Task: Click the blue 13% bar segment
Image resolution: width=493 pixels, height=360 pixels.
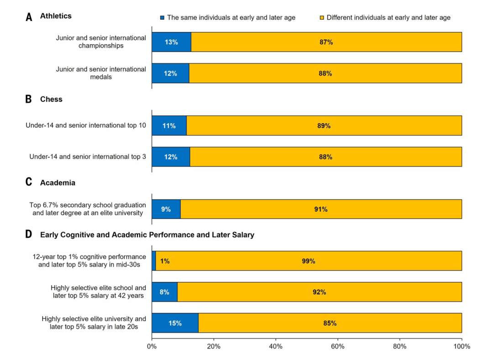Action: click(x=171, y=42)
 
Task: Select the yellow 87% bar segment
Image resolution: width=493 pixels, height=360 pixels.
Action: click(x=326, y=42)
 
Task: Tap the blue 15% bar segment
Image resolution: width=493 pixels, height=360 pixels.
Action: click(x=175, y=323)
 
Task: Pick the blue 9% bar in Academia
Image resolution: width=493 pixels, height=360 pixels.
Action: click(x=166, y=209)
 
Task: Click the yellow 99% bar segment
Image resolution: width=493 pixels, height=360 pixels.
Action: click(x=309, y=261)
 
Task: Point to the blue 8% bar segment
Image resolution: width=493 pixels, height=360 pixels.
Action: click(x=164, y=292)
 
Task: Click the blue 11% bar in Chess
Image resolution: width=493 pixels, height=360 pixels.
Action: click(x=169, y=126)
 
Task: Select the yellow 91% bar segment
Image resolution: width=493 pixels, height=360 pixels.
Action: click(x=321, y=209)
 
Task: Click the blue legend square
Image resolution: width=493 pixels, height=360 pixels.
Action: click(x=162, y=18)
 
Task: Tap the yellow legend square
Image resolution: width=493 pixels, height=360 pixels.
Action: click(x=322, y=18)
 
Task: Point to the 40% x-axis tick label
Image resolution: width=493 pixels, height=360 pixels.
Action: click(x=275, y=347)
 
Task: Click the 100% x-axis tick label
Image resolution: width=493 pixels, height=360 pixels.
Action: click(x=462, y=347)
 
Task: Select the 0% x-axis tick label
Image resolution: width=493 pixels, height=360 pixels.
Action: click(x=152, y=347)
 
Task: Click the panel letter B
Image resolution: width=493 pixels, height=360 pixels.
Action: click(x=29, y=99)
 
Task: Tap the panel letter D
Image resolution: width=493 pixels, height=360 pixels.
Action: click(x=29, y=235)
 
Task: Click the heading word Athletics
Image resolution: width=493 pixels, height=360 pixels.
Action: click(x=56, y=16)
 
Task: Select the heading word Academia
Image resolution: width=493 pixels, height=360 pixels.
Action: click(x=58, y=183)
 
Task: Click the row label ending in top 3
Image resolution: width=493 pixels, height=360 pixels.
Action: click(x=88, y=157)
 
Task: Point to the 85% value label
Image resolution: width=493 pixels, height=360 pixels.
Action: click(x=330, y=323)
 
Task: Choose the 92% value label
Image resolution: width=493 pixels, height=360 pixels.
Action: click(x=319, y=292)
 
